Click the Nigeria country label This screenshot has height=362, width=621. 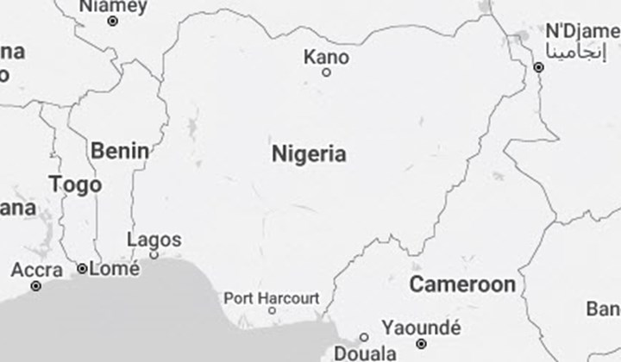309,155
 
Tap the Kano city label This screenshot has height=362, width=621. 327,58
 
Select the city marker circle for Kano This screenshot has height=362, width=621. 326,72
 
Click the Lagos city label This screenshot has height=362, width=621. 154,240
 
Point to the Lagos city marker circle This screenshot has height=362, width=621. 154,254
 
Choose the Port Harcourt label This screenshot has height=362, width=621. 271,298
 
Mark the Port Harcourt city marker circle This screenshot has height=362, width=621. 272,310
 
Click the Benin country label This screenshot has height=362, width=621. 119,151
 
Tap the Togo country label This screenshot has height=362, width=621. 75,184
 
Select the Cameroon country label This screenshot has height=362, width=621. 462,284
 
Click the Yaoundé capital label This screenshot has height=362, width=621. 421,328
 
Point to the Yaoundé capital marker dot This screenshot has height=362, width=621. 421,343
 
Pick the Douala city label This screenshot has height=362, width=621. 365,353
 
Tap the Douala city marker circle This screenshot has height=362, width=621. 364,337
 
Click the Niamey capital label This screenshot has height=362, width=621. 113,7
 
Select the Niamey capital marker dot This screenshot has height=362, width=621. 112,21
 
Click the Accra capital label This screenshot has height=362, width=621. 36,271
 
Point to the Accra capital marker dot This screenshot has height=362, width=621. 36,285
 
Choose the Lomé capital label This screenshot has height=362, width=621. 114,269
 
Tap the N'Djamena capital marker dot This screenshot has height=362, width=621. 539,67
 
